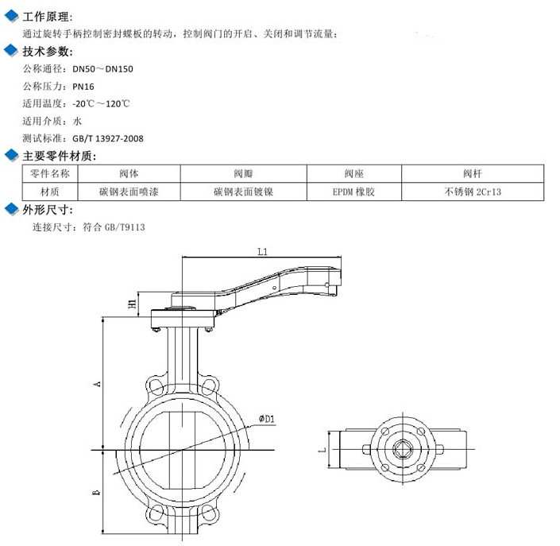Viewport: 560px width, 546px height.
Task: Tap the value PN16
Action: point(83,87)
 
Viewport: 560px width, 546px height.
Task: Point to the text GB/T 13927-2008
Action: point(108,138)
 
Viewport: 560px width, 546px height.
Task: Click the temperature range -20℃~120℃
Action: point(101,104)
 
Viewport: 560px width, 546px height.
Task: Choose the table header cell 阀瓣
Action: point(243,173)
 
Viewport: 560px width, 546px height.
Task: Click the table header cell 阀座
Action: point(353,173)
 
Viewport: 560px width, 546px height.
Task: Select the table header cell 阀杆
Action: point(473,173)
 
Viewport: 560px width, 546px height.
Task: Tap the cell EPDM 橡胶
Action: point(353,192)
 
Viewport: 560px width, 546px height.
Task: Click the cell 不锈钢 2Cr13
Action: point(473,192)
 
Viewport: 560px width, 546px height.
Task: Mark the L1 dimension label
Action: point(263,251)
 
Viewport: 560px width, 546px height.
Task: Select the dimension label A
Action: point(97,384)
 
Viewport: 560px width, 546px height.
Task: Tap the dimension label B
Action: point(97,493)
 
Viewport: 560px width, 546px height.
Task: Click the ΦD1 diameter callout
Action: point(266,419)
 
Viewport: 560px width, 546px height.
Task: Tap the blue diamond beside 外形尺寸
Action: point(11,210)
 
